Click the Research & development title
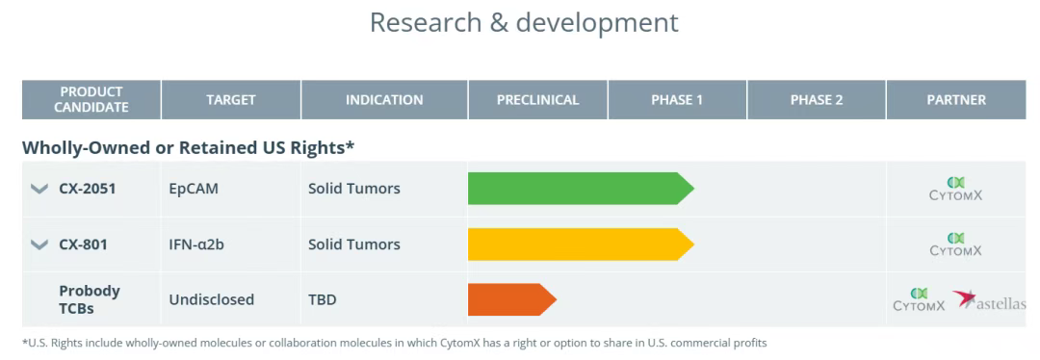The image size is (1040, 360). tap(524, 22)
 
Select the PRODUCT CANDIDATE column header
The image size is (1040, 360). tap(91, 99)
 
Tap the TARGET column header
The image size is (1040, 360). tap(231, 99)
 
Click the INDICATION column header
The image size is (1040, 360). tap(384, 99)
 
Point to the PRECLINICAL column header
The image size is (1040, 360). tap(538, 99)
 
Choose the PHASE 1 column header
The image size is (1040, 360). tap(677, 99)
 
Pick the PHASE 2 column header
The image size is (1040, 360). tap(817, 99)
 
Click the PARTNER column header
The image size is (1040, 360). tap(956, 99)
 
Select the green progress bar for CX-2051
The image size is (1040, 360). tap(581, 189)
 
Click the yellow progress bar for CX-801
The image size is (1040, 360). tap(581, 244)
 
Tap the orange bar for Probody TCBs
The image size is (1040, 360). tap(512, 299)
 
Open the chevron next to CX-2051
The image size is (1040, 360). tap(39, 189)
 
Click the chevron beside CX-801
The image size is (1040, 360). tap(39, 244)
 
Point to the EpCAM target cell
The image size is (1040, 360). tap(194, 189)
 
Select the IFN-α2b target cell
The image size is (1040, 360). tap(196, 244)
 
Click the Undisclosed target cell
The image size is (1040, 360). tap(212, 299)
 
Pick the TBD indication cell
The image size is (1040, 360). tap(323, 299)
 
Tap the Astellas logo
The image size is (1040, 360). tap(989, 301)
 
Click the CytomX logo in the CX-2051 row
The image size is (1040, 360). tap(956, 189)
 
